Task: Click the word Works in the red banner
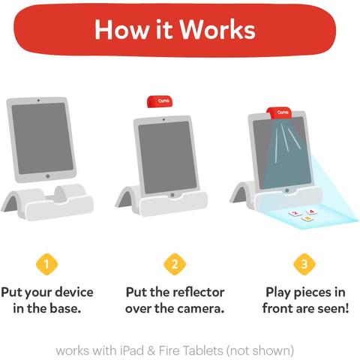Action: tap(217, 29)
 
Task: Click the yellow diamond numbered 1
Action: tap(46, 264)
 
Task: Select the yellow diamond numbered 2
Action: tap(175, 264)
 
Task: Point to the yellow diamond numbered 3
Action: tap(304, 264)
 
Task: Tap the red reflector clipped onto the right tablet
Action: tap(280, 113)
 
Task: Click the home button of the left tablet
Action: tap(48, 176)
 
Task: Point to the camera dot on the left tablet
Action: tap(38, 100)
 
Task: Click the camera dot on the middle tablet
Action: tap(163, 120)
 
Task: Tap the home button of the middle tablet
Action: tap(172, 195)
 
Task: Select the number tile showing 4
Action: tap(311, 211)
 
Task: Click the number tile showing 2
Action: tap(295, 213)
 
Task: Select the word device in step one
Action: tap(74, 292)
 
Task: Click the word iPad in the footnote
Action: tap(132, 350)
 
